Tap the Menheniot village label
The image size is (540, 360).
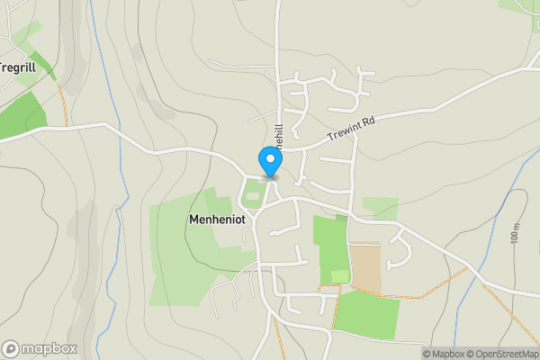click(219, 219)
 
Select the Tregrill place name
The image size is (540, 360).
click(17, 67)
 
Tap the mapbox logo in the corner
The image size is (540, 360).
click(40, 348)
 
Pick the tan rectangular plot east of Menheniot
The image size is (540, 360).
click(364, 267)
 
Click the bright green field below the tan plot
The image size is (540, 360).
click(366, 314)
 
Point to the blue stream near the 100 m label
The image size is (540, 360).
click(497, 216)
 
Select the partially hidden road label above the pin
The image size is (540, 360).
click(280, 135)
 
